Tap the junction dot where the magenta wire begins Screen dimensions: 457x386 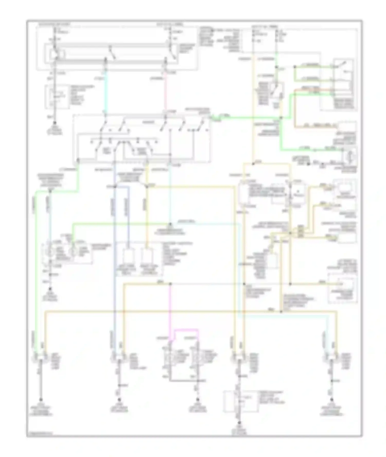tap(170, 284)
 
